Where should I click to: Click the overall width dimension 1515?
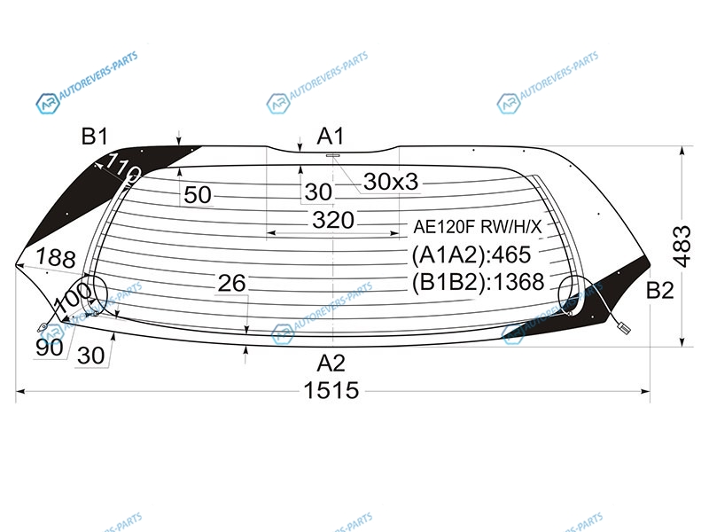point(331,390)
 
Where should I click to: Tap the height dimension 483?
point(682,246)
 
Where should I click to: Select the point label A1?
point(331,137)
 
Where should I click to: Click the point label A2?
point(331,363)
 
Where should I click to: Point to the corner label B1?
point(95,137)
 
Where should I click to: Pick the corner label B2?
point(659,290)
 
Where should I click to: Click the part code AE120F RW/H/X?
point(478,227)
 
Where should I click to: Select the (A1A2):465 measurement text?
point(471,254)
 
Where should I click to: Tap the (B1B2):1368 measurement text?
point(478,282)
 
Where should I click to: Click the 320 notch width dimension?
point(333,220)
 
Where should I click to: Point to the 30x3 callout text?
point(391,182)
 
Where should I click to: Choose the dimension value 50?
point(198,195)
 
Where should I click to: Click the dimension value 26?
point(231,284)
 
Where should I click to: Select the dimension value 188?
point(56,258)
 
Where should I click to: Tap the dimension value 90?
point(50,348)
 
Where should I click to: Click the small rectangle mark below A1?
point(333,155)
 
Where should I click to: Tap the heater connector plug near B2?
point(623,326)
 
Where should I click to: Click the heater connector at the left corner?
point(43,325)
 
